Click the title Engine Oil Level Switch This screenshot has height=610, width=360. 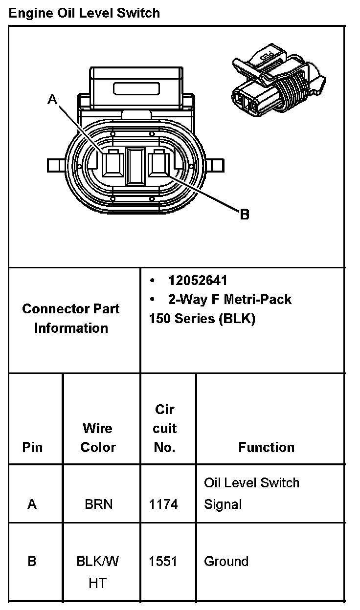(x=84, y=13)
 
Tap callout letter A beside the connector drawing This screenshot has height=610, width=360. (x=52, y=100)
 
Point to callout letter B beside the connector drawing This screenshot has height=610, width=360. (x=245, y=214)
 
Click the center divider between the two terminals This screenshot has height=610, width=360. (x=135, y=166)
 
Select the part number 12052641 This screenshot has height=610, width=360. (x=198, y=280)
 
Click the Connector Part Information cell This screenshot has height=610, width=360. (x=71, y=318)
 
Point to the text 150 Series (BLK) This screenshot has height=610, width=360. (x=202, y=319)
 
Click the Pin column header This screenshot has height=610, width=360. (x=32, y=447)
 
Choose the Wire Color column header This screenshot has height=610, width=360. (x=98, y=437)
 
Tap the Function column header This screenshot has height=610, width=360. (x=267, y=447)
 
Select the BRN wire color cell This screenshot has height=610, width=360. (x=98, y=504)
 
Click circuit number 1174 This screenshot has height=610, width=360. (x=163, y=504)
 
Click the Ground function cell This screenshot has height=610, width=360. (x=226, y=562)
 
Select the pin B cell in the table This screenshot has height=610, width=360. (x=32, y=562)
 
